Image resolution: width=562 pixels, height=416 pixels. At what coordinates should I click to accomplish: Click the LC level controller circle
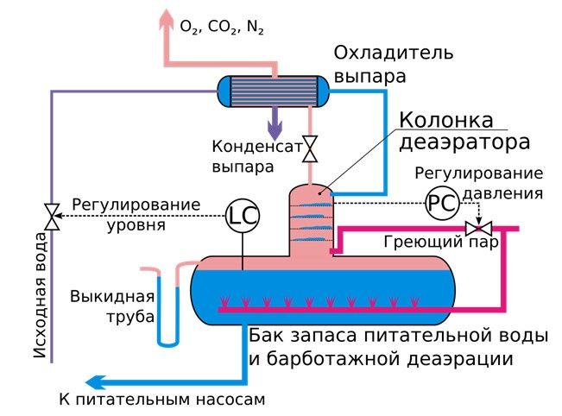243,216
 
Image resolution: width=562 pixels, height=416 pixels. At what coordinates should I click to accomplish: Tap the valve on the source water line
53,216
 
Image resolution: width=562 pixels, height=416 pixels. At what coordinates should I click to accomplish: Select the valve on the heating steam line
474,229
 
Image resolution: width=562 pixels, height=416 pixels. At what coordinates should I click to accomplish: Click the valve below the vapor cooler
309,148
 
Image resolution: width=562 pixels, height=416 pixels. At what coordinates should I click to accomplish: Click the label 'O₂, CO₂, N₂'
222,27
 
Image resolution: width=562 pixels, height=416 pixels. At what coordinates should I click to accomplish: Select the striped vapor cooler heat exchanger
274,90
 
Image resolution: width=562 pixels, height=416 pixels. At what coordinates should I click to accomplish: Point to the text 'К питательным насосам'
162,400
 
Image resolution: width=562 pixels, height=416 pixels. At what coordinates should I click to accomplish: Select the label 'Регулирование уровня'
136,215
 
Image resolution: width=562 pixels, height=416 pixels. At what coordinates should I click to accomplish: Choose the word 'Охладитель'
380,55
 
